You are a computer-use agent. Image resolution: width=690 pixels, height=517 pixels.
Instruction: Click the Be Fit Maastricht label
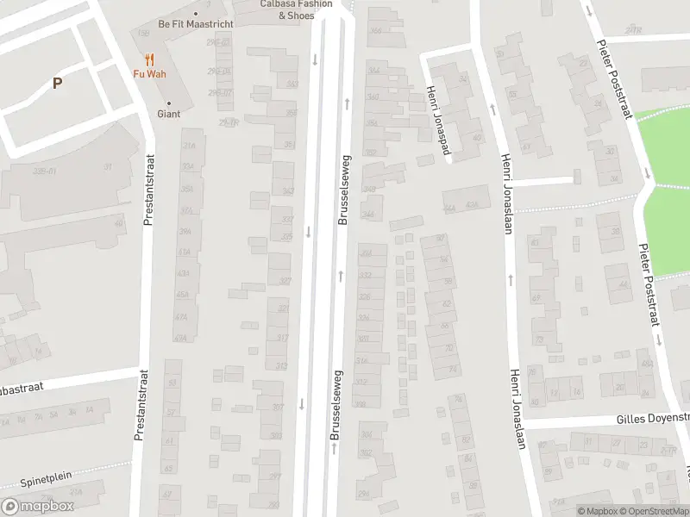pyautogui.click(x=196, y=24)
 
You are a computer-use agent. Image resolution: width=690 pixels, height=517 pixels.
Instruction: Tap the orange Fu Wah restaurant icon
pyautogui.click(x=149, y=59)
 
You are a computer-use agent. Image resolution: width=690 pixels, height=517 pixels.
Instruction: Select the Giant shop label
pyautogui.click(x=168, y=114)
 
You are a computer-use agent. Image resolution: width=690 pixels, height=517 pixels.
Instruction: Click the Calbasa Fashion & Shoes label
pyautogui.click(x=296, y=9)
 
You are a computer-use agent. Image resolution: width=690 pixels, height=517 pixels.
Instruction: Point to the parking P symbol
pyautogui.click(x=57, y=84)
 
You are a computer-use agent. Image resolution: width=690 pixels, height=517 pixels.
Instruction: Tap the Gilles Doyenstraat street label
pyautogui.click(x=652, y=420)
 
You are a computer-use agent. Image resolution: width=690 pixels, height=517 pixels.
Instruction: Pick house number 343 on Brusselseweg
pyautogui.click(x=288, y=191)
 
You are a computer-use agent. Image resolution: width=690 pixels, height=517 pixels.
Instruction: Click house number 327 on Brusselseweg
pyautogui.click(x=285, y=281)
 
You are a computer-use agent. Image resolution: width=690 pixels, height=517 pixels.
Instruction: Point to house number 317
pyautogui.click(x=281, y=338)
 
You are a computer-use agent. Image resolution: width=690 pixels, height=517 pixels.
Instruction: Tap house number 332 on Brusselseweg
pyautogui.click(x=365, y=275)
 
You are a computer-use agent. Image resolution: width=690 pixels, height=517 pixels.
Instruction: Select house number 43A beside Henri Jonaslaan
pyautogui.click(x=471, y=206)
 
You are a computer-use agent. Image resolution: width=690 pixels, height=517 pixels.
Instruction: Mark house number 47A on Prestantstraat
pyautogui.click(x=180, y=317)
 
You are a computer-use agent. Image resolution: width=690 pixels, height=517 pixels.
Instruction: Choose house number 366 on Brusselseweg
pyautogui.click(x=374, y=31)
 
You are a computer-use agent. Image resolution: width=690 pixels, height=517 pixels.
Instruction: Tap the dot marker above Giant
pyautogui.click(x=168, y=103)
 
